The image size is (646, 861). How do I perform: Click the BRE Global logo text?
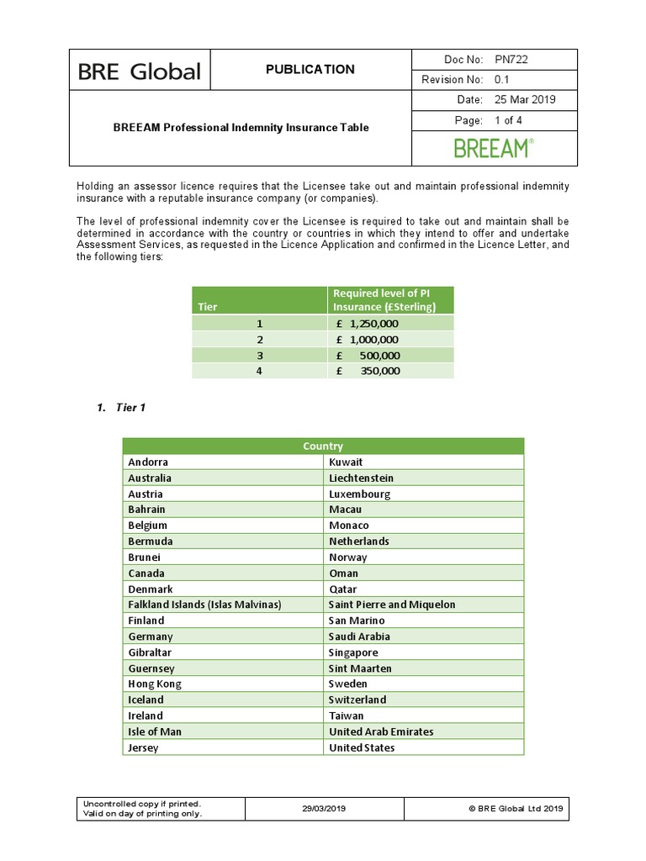click(x=139, y=71)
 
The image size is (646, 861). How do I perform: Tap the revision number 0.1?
click(x=503, y=79)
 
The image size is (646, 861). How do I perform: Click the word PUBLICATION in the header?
click(x=310, y=70)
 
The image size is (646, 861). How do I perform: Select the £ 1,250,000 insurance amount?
click(x=368, y=323)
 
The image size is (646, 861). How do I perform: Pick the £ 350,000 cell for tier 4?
click(x=368, y=371)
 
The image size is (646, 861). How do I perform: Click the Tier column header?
click(x=207, y=307)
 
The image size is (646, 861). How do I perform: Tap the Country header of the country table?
click(x=323, y=446)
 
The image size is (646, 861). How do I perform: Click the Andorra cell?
click(x=148, y=462)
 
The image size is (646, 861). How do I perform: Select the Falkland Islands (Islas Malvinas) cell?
click(x=204, y=605)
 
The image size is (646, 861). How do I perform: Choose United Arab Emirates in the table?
click(x=381, y=732)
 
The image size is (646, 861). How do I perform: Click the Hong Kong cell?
click(x=154, y=684)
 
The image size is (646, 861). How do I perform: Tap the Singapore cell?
click(x=353, y=652)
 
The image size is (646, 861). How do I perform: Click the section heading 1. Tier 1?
click(x=121, y=408)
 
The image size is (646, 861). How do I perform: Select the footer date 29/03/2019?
click(x=324, y=809)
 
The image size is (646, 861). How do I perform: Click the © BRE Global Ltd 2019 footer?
click(x=516, y=809)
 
